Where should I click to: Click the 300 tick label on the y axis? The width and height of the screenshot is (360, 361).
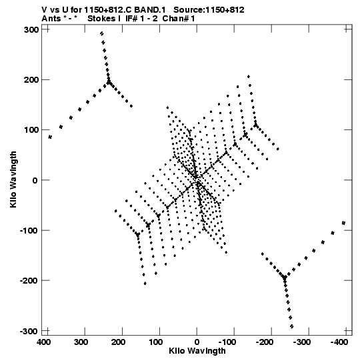31,30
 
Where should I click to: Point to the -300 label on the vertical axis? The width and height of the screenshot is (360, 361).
29,332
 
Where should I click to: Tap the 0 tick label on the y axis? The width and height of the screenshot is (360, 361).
35,180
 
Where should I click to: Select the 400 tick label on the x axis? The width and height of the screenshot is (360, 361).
44,342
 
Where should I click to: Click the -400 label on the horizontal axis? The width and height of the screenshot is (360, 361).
339,342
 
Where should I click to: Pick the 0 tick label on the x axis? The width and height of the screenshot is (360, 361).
197,342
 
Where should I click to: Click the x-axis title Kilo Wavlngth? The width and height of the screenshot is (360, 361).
197,351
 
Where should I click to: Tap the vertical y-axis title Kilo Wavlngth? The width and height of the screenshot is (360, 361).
13,179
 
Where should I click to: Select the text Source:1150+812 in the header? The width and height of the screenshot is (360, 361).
209,10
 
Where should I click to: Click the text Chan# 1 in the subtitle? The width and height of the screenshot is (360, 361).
179,19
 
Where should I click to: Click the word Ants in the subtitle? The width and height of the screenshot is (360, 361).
51,19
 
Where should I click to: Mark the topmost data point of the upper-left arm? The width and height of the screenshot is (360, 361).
102,33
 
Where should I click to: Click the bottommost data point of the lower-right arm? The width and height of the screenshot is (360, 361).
292,326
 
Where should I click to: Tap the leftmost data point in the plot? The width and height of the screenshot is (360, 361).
50,137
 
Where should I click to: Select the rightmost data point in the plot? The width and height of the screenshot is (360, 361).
343,223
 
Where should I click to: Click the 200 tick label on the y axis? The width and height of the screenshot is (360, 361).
31,80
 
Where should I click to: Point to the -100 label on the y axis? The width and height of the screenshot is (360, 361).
29,230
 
